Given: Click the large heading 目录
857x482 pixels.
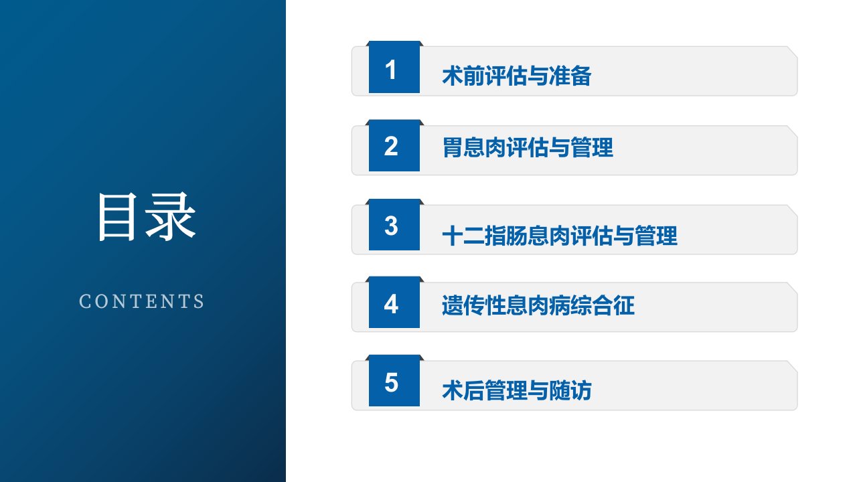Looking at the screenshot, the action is click(147, 216).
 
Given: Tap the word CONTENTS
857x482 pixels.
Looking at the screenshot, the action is click(141, 301).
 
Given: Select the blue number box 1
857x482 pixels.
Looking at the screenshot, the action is click(394, 67).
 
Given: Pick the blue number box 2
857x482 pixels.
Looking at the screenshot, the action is click(394, 146).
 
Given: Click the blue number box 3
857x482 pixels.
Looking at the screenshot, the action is click(394, 225).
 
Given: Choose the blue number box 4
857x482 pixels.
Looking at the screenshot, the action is click(394, 303).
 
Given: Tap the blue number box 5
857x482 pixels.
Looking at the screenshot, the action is click(394, 381).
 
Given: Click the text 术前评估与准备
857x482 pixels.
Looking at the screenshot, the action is click(516, 76).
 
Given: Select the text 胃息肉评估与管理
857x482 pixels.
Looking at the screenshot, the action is click(528, 148).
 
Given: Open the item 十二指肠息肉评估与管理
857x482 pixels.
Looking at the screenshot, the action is click(560, 236).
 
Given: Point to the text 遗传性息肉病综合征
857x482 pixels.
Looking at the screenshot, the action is click(538, 305).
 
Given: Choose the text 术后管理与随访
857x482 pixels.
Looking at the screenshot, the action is click(516, 390).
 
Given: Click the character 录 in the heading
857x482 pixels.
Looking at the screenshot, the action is click(171, 216).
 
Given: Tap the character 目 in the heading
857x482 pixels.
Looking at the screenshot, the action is click(117, 216).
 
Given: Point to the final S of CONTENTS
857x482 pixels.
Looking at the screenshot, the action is click(199, 301).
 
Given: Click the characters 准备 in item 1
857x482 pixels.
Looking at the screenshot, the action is click(570, 76).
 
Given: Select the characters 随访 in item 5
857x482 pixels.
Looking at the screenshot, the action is click(570, 390).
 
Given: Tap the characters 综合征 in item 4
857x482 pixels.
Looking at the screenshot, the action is click(603, 305).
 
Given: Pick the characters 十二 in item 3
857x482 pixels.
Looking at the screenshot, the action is click(463, 236).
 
